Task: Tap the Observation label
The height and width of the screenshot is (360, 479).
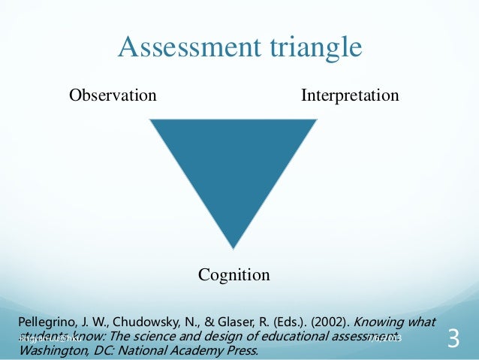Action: coord(113,95)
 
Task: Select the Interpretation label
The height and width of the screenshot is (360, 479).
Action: coord(350,96)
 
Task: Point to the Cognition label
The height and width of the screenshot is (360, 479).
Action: coord(233,275)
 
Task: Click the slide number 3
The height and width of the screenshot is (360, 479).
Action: coord(453,340)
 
